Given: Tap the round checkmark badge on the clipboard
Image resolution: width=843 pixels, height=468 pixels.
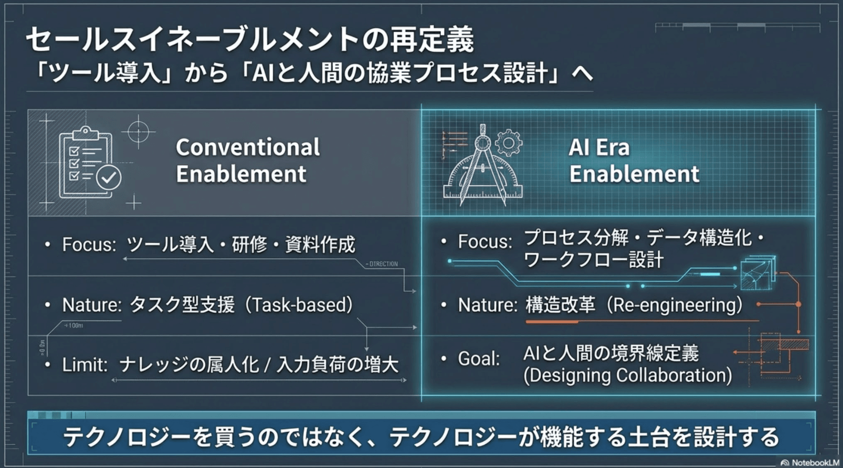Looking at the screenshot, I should coord(109,178).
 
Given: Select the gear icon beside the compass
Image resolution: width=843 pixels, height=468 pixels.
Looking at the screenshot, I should coord(508,143).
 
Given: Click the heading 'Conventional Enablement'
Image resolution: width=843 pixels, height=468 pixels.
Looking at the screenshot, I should coord(247,160).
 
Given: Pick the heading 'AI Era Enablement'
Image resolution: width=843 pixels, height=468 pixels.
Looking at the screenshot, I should coord(633,160).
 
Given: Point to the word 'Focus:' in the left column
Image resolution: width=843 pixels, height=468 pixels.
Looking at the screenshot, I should coord(89,245).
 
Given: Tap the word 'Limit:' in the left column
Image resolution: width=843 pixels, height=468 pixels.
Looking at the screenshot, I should coord(85,366).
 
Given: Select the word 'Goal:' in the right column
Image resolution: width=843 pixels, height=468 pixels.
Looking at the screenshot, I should coord(478,358).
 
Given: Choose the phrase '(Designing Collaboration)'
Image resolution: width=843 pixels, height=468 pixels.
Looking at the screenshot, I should coord(627,376).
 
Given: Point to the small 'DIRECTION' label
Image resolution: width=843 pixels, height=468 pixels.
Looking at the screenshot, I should coord(383,264).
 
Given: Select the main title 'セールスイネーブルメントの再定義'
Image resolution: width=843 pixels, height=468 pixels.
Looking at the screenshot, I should coord(249,39).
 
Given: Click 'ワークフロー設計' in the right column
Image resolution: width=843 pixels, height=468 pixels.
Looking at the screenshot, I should coord(593,260).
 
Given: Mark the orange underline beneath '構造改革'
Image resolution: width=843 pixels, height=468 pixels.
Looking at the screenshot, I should coord(552,322).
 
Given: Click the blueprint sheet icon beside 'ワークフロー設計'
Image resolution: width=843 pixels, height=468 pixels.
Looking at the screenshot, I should coord(757,274).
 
